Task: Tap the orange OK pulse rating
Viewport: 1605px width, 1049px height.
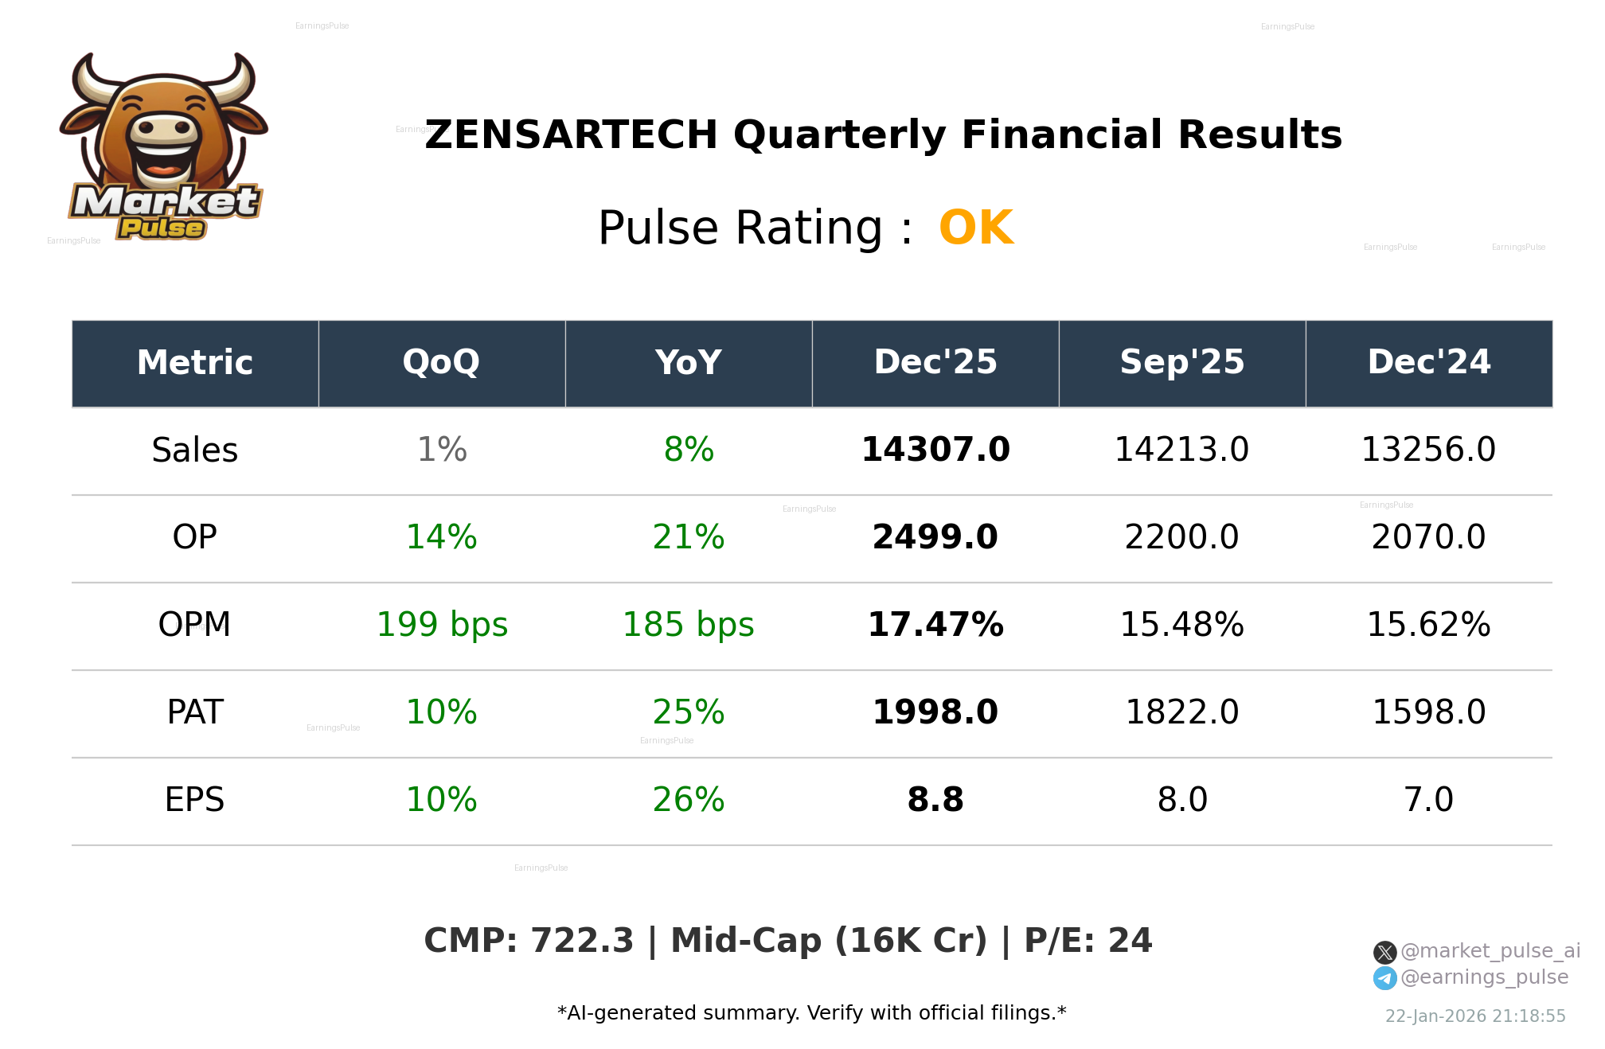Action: pyautogui.click(x=976, y=228)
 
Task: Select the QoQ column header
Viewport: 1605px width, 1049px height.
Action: pyautogui.click(x=442, y=363)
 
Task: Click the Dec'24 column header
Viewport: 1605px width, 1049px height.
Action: pyautogui.click(x=1429, y=363)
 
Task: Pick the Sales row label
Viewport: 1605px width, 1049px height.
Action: pyautogui.click(x=195, y=450)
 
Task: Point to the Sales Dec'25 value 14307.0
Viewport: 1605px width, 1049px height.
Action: pyautogui.click(x=935, y=450)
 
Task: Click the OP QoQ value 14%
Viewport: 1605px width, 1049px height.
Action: pyautogui.click(x=442, y=538)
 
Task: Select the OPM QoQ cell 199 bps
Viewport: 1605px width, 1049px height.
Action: pyautogui.click(x=442, y=626)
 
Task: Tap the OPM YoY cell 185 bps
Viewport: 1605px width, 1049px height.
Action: pyautogui.click(x=689, y=626)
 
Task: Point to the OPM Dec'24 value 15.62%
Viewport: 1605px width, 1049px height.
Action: pyautogui.click(x=1429, y=626)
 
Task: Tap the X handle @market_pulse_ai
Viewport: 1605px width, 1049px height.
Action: pyautogui.click(x=1490, y=952)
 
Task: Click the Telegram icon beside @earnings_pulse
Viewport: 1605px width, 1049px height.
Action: pyautogui.click(x=1385, y=978)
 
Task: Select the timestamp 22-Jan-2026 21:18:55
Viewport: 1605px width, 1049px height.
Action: pyautogui.click(x=1475, y=1016)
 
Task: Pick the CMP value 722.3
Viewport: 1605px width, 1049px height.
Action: pyautogui.click(x=582, y=942)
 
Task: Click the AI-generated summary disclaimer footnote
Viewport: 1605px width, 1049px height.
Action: pyautogui.click(x=811, y=1013)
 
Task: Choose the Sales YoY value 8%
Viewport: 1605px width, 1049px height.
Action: pyautogui.click(x=689, y=450)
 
